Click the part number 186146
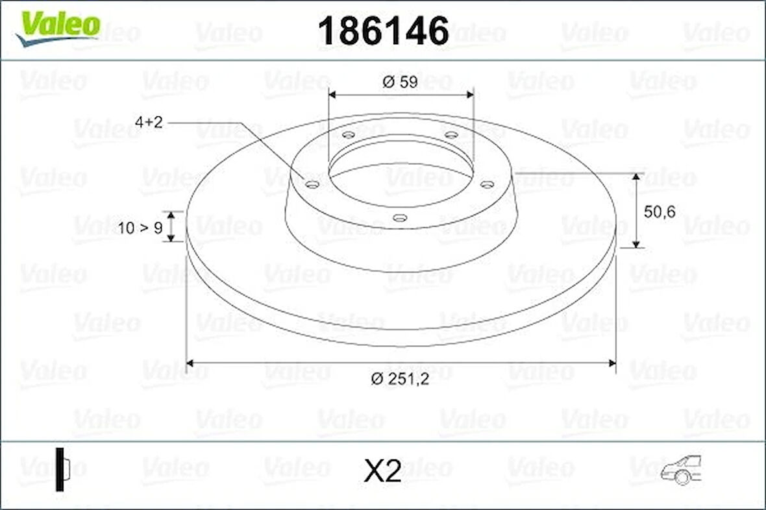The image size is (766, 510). point(383,30)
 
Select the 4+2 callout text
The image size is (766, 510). point(149,122)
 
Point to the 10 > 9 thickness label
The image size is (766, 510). point(140,227)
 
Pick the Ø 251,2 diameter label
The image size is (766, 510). point(401,380)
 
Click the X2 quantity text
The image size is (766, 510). point(383,472)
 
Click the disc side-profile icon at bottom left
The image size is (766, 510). point(62,468)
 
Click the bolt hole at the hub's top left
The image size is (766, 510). point(349,135)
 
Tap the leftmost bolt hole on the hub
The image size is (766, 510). point(312,186)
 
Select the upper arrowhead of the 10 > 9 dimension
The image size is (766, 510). point(171,215)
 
